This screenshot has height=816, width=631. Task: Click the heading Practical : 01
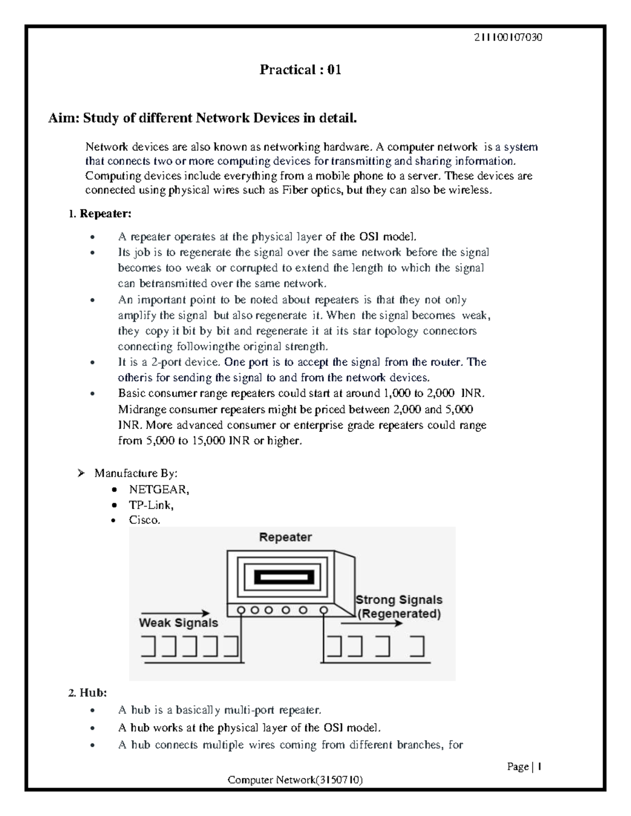tap(300, 70)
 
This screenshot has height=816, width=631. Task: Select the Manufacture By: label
tap(136, 473)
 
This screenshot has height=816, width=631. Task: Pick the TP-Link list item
tap(151, 505)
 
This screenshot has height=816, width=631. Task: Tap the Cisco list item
tap(144, 520)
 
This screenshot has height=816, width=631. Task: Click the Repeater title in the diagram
tap(286, 537)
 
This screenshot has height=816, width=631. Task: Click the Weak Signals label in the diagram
tap(178, 623)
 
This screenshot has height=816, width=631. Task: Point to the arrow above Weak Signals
tap(175, 613)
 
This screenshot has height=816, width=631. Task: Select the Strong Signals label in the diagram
tap(399, 600)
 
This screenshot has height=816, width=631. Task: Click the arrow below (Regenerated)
tap(371, 624)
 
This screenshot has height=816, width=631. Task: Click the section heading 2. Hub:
tap(87, 693)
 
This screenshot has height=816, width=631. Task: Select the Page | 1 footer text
tap(524, 767)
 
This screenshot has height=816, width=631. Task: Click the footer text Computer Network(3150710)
tap(295, 780)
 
